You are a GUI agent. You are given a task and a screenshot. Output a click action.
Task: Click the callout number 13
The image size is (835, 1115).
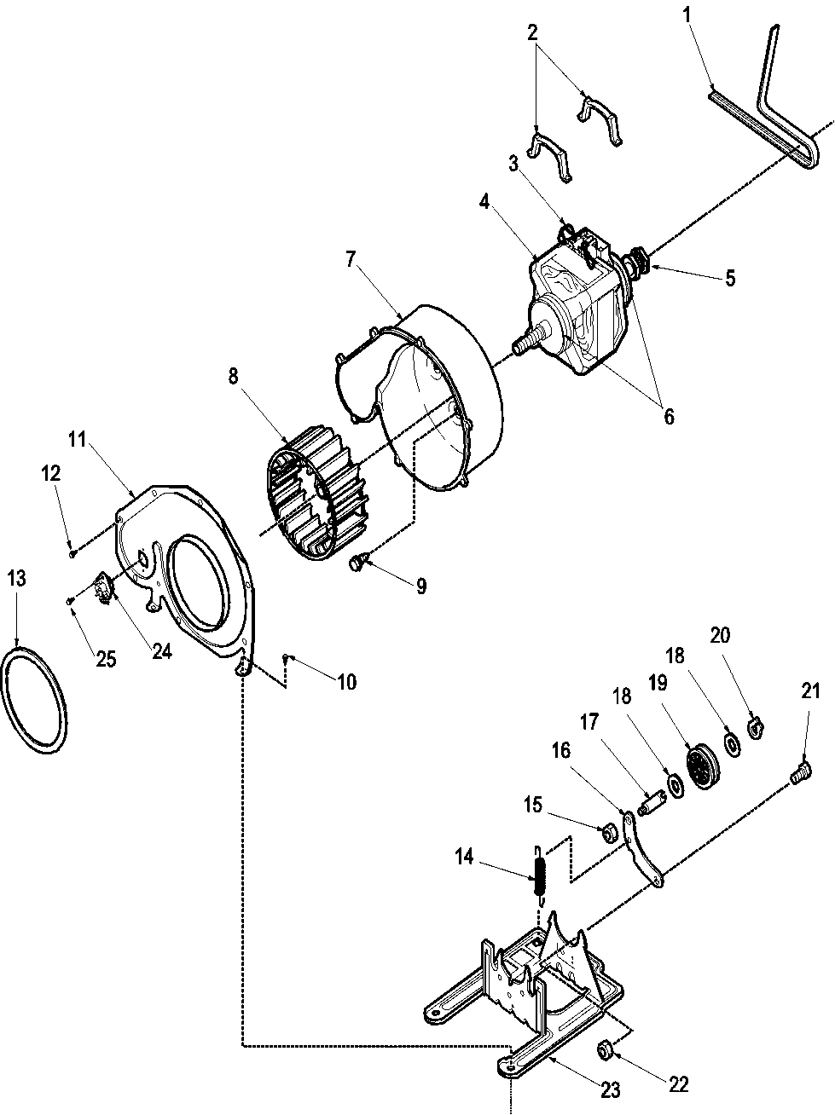[17, 579]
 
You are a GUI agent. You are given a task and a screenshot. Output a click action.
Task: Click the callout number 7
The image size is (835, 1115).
[351, 261]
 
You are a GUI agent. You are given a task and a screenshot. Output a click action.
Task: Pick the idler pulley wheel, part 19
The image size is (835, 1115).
[703, 766]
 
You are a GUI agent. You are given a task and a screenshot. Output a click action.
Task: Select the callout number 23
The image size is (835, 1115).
[610, 1089]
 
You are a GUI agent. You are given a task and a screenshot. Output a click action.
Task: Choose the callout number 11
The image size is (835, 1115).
[78, 440]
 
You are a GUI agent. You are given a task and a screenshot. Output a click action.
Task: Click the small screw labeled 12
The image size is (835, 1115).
[72, 553]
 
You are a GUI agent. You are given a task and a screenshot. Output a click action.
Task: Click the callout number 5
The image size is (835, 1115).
[730, 278]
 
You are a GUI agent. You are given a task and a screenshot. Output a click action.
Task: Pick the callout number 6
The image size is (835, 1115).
[669, 416]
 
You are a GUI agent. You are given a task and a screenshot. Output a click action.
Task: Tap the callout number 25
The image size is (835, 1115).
[106, 659]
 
